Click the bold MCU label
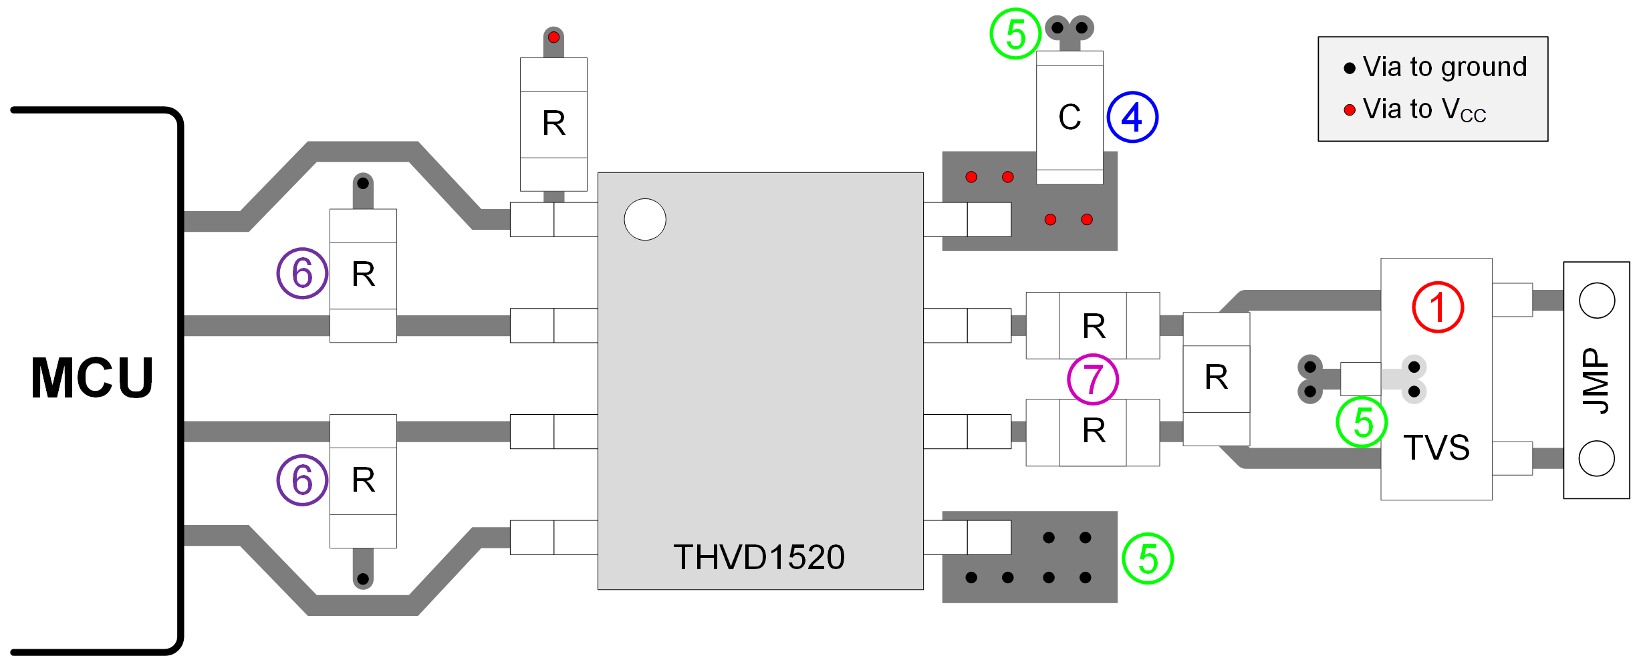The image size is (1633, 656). click(x=92, y=378)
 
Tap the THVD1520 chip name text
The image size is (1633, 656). click(x=759, y=557)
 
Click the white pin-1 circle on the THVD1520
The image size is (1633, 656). click(x=644, y=219)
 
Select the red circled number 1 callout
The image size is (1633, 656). click(x=1437, y=307)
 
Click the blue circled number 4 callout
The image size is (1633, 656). click(x=1132, y=117)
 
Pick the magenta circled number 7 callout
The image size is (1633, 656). click(x=1092, y=379)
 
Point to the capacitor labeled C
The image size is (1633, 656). click(x=1069, y=117)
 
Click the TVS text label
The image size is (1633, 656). click(x=1436, y=448)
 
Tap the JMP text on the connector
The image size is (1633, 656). click(x=1596, y=381)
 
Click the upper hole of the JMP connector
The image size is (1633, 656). click(x=1596, y=301)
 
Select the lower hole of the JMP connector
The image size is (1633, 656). click(x=1596, y=458)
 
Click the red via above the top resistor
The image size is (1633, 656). click(x=553, y=37)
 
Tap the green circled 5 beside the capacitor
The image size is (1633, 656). click(x=1015, y=34)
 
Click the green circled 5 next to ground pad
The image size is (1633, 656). click(x=1147, y=558)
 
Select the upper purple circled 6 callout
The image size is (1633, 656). click(x=302, y=273)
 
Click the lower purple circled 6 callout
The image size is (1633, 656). click(x=302, y=480)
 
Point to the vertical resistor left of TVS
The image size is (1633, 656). click(x=1216, y=378)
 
